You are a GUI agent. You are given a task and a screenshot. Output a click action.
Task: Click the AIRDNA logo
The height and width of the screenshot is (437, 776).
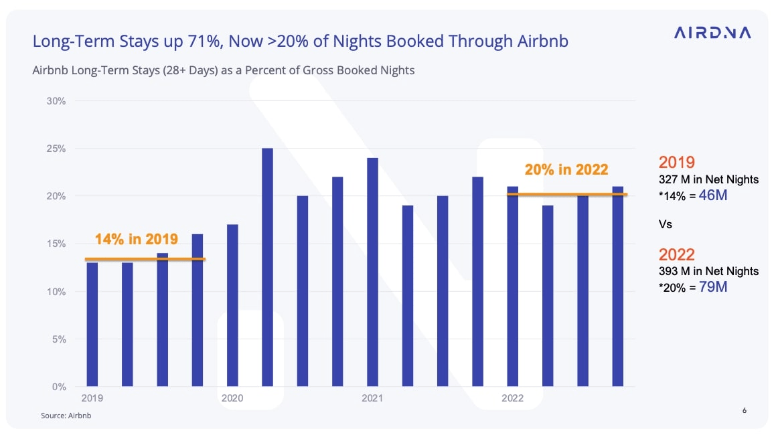coord(712,33)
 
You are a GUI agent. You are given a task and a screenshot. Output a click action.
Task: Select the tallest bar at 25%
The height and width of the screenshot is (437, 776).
coord(267,267)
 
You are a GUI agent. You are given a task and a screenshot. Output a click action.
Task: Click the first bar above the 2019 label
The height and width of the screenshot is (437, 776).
coord(92,325)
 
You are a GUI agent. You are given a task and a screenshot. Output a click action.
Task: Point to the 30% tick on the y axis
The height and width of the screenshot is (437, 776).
coord(56,101)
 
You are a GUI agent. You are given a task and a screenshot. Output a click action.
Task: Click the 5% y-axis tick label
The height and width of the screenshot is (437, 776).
coord(58,339)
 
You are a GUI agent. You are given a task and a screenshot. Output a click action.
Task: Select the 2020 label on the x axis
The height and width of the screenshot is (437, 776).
coord(232,398)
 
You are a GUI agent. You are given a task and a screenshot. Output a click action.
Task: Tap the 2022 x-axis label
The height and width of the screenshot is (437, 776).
coord(512,398)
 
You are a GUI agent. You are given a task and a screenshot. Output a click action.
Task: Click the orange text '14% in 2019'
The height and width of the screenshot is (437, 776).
coord(137,239)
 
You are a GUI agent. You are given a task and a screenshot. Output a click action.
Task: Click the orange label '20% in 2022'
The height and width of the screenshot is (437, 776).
coord(566,170)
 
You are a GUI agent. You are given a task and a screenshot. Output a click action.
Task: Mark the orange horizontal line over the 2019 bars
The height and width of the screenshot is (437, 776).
coord(146,259)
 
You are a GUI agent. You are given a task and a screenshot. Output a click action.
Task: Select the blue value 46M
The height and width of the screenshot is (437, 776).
coord(712,196)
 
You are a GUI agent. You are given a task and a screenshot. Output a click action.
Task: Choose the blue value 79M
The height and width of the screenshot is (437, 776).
coord(712,287)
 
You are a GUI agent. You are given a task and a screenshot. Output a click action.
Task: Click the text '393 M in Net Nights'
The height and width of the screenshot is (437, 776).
coord(708,271)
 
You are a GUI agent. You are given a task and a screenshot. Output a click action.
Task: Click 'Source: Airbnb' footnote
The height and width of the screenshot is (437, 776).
coord(66,416)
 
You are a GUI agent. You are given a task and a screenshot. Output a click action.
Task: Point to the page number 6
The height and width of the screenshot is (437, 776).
coord(745,410)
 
